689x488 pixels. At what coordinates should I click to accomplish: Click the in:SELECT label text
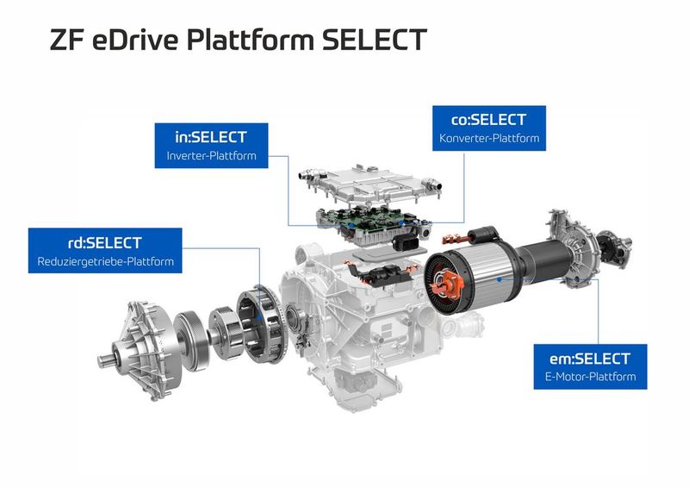[211, 137]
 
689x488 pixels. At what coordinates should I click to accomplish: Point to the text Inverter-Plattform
[211, 157]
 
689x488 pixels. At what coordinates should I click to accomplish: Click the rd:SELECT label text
[105, 242]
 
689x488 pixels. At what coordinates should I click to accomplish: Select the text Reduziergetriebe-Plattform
[105, 261]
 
